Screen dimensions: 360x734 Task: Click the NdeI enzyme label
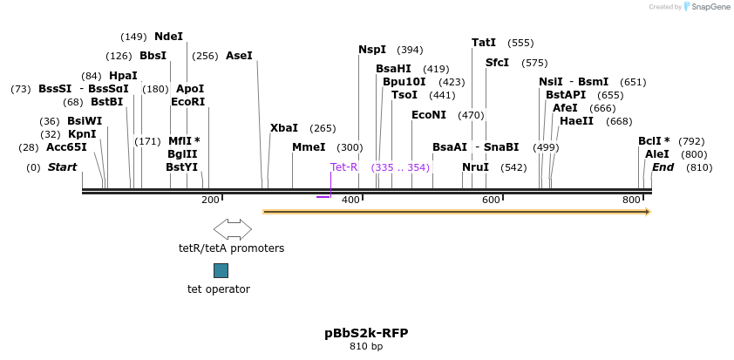(169, 37)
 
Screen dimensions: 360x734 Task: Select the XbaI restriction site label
(284, 128)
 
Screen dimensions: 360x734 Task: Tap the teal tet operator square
(221, 271)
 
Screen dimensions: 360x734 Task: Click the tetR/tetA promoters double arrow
(232, 229)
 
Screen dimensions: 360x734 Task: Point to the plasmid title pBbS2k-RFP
(366, 333)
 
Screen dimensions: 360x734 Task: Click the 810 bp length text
(366, 347)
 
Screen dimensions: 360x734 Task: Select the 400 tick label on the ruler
(351, 200)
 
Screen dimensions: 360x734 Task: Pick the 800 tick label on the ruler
(631, 200)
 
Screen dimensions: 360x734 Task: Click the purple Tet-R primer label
(343, 167)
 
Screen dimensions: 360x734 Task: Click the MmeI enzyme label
(309, 147)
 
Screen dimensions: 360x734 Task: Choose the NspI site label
(372, 50)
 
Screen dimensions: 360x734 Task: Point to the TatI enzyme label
(484, 43)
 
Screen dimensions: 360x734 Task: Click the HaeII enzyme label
(576, 121)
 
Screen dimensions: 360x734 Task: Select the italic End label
(663, 167)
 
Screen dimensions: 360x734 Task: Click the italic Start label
(62, 167)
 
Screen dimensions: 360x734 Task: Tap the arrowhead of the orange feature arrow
(647, 211)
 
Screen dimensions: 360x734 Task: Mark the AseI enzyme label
(239, 56)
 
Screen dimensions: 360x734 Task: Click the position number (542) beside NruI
(513, 167)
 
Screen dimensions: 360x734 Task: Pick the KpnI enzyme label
(82, 134)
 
